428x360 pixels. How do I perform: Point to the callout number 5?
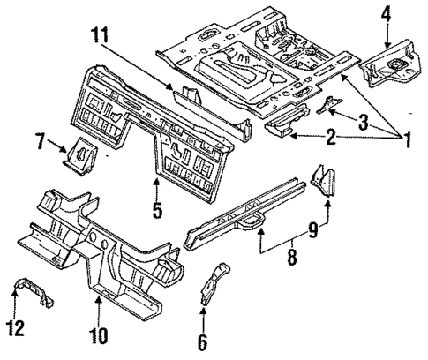156,212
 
